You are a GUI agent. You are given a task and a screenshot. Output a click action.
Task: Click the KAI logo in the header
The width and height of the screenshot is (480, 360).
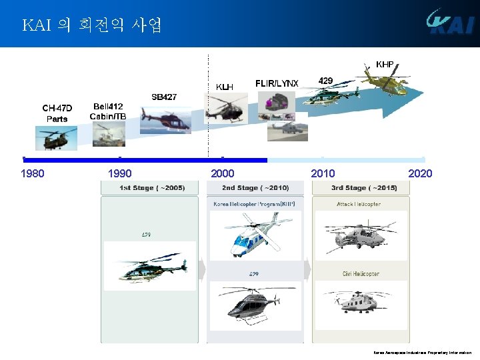[449, 23]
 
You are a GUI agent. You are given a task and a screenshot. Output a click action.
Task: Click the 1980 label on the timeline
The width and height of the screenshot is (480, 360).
[33, 174]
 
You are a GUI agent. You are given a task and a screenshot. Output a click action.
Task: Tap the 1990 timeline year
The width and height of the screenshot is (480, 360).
[119, 174]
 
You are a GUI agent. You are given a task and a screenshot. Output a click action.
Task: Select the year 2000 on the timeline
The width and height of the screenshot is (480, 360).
[222, 174]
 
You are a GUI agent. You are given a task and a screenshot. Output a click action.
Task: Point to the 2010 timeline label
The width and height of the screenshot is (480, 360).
[323, 174]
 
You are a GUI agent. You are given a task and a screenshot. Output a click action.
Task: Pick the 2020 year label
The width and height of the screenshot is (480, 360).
[420, 174]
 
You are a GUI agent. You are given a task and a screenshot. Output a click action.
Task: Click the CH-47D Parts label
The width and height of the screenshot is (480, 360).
[57, 113]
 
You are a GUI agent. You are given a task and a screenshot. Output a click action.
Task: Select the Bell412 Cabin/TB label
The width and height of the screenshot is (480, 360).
[107, 111]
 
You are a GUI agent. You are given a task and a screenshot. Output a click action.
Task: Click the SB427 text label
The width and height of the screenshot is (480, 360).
[164, 97]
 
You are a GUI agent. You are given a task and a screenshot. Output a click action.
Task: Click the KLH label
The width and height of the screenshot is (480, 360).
[225, 87]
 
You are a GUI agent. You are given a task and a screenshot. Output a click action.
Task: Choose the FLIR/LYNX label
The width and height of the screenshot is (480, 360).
[277, 83]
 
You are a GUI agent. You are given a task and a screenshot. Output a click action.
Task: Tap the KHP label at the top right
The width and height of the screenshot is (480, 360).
[384, 65]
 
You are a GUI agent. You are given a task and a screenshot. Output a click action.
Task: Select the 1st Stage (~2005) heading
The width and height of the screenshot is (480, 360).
[152, 188]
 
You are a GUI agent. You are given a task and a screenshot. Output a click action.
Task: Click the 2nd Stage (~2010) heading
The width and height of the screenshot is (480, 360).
[255, 188]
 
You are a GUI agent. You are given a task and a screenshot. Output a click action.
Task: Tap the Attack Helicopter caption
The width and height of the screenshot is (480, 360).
[359, 204]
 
